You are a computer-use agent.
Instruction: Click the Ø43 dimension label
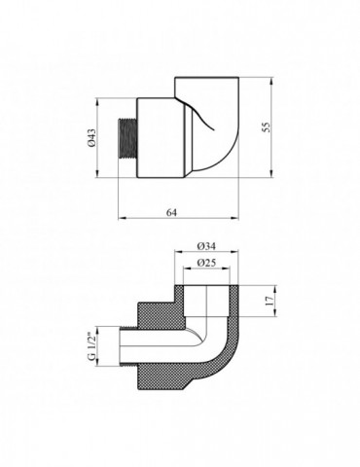pos(91,137)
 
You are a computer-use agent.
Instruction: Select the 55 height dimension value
pos(266,126)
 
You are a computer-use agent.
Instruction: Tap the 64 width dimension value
pos(171,212)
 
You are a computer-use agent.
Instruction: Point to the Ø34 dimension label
pos(206,246)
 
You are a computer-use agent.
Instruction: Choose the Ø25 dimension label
pos(206,263)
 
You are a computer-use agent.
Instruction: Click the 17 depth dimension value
pos(270,301)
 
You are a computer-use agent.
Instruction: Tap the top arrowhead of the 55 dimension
pos(271,81)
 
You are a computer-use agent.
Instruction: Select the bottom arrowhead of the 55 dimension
pos(271,174)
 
